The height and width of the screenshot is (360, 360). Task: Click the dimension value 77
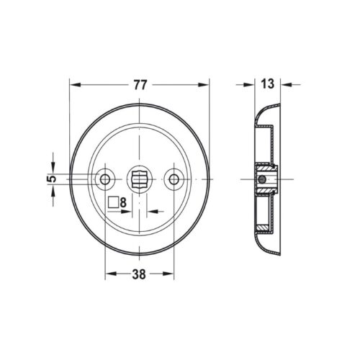point(140,85)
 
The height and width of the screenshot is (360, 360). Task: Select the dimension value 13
point(267,84)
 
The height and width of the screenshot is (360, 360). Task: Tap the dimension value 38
point(139,274)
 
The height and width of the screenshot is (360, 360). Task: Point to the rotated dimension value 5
point(53,179)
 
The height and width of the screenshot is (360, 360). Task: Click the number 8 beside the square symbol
point(123,203)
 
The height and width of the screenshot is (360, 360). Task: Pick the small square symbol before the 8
point(113,202)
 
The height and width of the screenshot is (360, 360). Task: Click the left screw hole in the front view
point(105,179)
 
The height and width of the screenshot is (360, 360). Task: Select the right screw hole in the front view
point(174,179)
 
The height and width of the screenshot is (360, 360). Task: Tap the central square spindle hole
point(139,179)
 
